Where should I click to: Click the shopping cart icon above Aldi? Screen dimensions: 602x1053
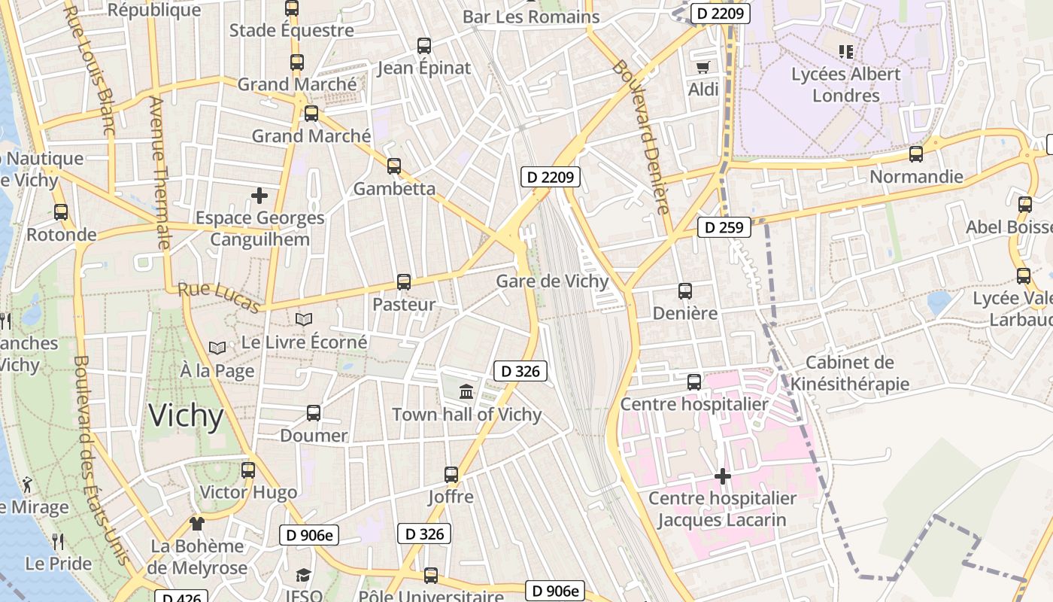pos(703,67)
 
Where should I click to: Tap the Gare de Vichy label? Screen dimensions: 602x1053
pos(552,281)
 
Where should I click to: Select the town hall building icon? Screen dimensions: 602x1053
pos(466,391)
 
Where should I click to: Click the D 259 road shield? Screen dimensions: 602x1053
pos(724,227)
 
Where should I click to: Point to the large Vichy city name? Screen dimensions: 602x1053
pos(186,416)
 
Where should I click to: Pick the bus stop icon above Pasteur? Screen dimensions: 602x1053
pos(404,282)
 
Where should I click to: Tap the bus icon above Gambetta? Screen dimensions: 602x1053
pos(394,166)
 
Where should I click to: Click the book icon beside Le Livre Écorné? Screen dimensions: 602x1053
pos(303,320)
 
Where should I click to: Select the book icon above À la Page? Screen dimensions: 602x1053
pos(217,348)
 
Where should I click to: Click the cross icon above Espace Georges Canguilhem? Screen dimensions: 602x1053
pos(259,196)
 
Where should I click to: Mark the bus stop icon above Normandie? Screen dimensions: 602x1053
pos(915,154)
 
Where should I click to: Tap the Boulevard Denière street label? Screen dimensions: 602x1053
pos(641,137)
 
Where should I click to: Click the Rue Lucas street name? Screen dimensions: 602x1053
pos(219,297)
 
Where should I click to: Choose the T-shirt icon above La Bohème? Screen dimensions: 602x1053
pos(197,523)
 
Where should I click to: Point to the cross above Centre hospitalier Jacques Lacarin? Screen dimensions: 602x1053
pos(722,476)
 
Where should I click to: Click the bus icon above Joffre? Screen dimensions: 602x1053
pos(451,475)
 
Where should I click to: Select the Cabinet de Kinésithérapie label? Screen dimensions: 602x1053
pos(849,373)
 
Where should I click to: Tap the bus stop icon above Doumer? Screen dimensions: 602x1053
pos(314,413)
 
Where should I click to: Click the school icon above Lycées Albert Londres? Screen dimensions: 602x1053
pos(846,52)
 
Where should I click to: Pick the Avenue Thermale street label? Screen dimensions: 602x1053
pos(159,173)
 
